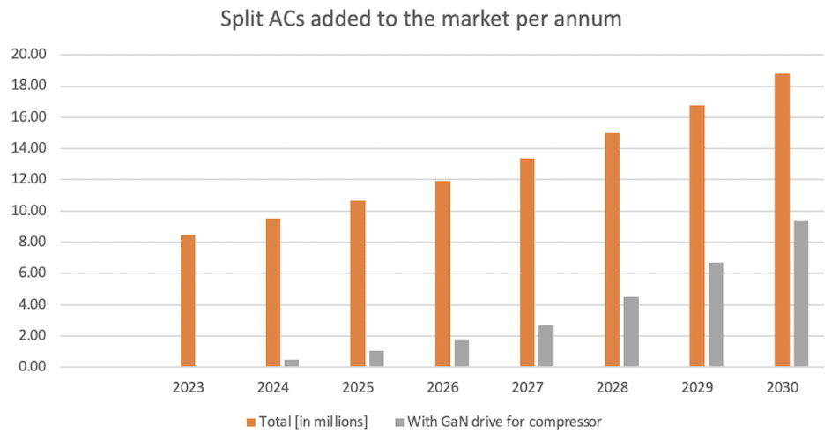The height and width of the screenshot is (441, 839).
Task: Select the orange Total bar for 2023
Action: tap(188, 301)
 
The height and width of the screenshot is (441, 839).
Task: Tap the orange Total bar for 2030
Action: tap(782, 220)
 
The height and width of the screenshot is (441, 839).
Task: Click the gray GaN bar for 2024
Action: tap(292, 363)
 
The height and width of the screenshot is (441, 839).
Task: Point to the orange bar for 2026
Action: tap(442, 273)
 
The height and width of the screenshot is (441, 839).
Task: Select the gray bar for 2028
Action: tap(631, 332)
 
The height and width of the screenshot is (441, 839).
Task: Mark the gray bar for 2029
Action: tap(716, 315)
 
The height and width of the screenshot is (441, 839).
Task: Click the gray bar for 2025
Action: tap(376, 359)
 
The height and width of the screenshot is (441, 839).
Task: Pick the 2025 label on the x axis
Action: tap(358, 387)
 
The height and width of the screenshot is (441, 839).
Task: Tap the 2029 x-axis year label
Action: tap(697, 387)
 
